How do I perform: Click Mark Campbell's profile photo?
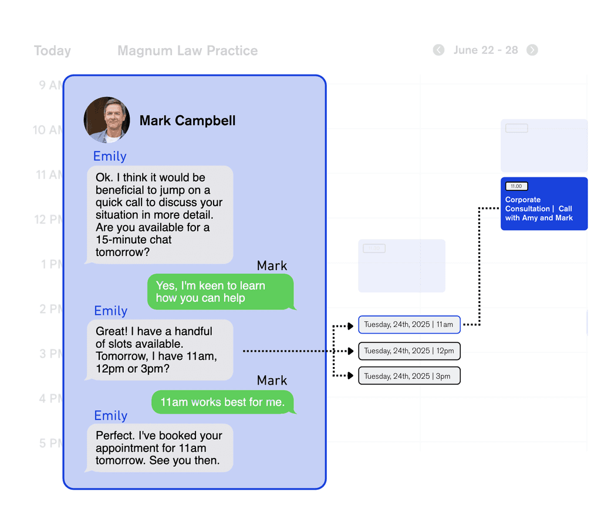click(106, 120)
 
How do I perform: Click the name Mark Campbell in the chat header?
click(187, 121)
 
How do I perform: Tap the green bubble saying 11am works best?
click(222, 402)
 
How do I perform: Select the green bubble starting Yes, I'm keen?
click(220, 292)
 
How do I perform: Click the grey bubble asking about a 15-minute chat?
click(160, 214)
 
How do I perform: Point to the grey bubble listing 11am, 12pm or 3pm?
click(160, 350)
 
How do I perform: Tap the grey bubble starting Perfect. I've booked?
click(160, 448)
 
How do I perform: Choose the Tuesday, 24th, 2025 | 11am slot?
click(409, 325)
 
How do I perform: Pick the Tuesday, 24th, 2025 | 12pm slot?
click(409, 351)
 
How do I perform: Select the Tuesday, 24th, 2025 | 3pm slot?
click(409, 376)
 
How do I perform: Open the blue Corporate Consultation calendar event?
click(544, 209)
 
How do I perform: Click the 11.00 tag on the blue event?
click(516, 186)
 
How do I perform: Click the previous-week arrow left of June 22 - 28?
click(438, 50)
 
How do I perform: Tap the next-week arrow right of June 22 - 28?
click(532, 50)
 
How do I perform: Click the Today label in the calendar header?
click(52, 51)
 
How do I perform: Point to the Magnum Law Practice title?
click(187, 51)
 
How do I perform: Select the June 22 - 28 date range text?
click(485, 50)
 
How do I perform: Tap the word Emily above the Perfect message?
click(110, 416)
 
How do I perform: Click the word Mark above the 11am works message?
click(272, 381)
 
